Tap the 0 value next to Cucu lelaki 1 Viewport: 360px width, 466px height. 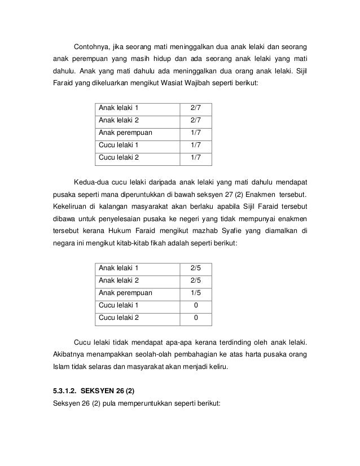coord(196,305)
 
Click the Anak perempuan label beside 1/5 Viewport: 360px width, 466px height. coord(125,292)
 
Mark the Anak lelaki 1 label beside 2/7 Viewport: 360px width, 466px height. coord(118,107)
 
